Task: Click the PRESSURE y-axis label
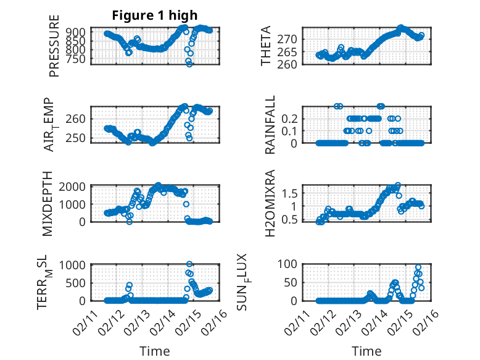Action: (54, 46)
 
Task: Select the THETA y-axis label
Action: (266, 46)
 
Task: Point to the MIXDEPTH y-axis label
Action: (47, 204)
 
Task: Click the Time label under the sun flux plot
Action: (366, 351)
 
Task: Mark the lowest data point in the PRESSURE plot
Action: (189, 63)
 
